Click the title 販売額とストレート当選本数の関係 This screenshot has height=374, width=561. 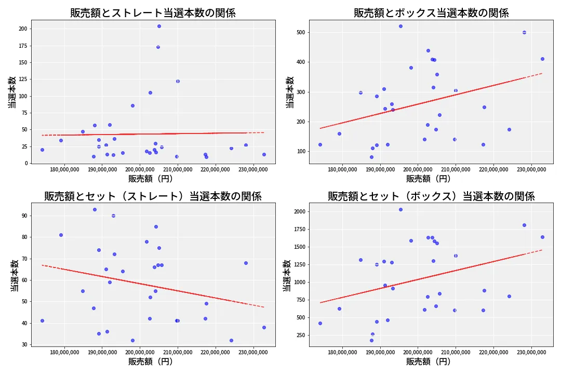coord(153,13)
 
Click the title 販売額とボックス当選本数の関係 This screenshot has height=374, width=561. coord(431,13)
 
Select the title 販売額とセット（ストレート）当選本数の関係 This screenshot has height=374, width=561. coord(153,196)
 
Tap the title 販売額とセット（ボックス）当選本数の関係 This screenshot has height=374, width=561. coord(431,196)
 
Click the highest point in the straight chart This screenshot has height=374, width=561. coord(159,26)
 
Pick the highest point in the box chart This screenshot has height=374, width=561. coord(400,26)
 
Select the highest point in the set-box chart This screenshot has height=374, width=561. coord(400,209)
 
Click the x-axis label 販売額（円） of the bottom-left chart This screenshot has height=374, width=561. coord(153,362)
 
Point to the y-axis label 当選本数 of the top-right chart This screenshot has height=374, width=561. coord(290,92)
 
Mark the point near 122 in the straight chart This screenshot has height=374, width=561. coord(178,81)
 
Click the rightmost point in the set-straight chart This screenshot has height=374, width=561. coord(264,327)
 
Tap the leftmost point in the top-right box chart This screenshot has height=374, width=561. coord(320,144)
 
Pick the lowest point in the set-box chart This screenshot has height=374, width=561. coord(371,340)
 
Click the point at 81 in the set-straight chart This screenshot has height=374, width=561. coord(61,235)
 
